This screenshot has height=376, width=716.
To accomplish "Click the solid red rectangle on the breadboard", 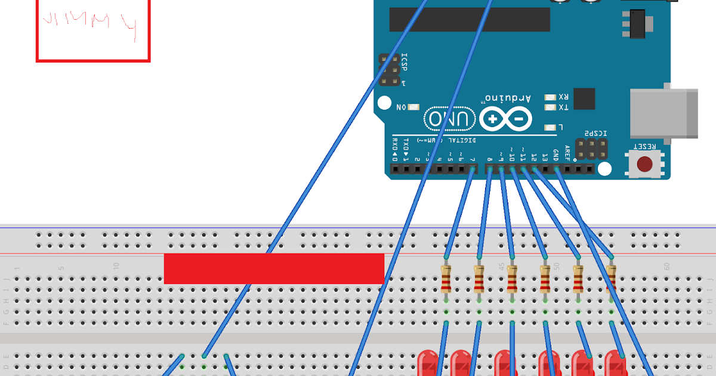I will (274, 269).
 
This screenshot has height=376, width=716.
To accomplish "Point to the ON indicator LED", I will (413, 107).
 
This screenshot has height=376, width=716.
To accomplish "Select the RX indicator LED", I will (550, 97).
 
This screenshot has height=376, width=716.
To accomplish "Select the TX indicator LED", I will (550, 107).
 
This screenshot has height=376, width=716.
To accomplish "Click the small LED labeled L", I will (550, 127).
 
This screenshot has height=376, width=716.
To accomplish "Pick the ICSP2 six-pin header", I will (594, 149).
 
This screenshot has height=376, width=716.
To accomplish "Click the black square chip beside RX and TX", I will (584, 99).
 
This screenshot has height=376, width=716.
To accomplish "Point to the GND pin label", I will (555, 155).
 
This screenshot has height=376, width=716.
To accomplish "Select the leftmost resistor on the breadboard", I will (446, 278).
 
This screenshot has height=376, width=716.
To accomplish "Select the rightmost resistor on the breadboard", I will (611, 278).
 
